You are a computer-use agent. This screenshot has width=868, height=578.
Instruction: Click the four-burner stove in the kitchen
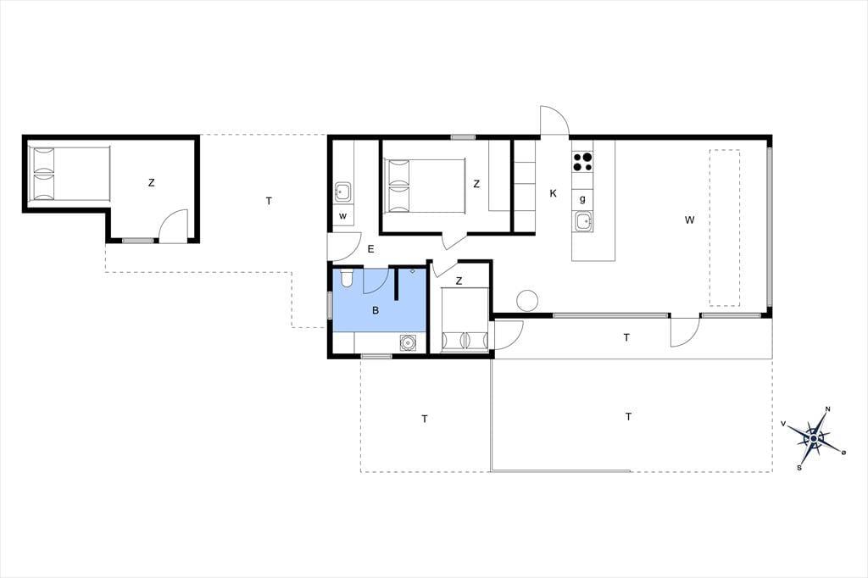click(582, 161)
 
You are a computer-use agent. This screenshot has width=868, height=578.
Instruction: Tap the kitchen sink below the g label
click(583, 222)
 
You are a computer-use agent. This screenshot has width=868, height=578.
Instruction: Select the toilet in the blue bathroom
click(347, 277)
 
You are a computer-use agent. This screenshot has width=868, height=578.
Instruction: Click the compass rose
click(814, 438)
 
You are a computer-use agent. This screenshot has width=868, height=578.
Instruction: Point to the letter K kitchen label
click(553, 193)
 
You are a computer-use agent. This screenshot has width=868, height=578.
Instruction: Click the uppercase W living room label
click(689, 220)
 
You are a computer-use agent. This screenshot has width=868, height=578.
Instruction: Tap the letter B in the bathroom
click(376, 310)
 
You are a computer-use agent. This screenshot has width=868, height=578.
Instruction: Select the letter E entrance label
click(370, 249)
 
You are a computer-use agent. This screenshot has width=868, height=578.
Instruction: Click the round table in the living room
click(527, 301)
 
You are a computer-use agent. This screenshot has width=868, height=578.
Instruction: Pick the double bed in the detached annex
click(70, 173)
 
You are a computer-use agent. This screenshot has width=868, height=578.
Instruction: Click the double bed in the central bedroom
click(425, 186)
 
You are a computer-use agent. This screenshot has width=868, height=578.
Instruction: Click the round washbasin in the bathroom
click(408, 342)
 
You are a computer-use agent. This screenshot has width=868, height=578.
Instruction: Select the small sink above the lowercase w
click(342, 192)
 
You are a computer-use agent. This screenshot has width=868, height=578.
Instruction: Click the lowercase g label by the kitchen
click(582, 199)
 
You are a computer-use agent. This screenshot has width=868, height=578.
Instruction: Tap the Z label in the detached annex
click(151, 182)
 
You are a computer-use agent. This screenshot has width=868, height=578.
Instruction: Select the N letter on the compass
click(828, 409)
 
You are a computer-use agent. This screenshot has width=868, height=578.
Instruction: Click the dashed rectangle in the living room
click(726, 228)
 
